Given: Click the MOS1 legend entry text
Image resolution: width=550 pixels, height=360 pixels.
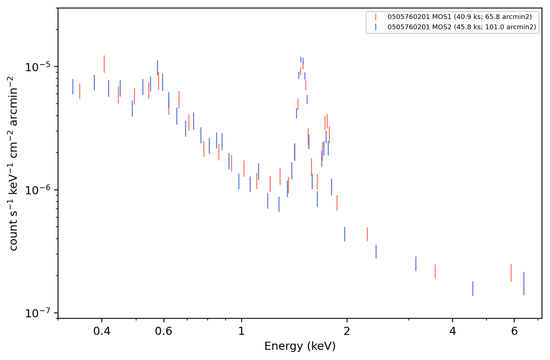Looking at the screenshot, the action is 459,17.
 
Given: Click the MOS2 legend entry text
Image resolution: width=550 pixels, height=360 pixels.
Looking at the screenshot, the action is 462,27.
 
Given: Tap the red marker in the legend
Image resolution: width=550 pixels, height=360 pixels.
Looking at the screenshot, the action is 376,17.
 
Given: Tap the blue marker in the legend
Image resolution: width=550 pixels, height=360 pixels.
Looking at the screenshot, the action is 376,27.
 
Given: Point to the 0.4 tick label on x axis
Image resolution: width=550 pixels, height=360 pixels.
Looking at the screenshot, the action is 102,331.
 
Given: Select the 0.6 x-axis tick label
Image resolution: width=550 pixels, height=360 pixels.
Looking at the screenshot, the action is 164,331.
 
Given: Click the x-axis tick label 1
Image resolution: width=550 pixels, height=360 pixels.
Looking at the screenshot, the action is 242,331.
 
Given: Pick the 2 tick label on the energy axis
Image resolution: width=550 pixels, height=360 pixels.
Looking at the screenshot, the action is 347,331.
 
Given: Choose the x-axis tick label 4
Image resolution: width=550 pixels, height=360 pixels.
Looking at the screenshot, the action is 453,331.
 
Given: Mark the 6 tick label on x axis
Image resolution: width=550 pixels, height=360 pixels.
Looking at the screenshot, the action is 514,331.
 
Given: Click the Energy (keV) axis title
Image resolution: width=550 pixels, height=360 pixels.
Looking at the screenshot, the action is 300,346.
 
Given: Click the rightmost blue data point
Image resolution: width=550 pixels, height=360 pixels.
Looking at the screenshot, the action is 524,283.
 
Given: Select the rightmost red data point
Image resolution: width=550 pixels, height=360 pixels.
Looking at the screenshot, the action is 511,273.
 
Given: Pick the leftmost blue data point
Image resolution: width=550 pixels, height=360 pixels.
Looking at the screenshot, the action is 73,87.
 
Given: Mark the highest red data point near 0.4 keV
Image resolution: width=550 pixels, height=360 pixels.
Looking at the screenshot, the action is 104,64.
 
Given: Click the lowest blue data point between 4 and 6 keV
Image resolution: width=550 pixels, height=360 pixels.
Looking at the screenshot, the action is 473,288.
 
